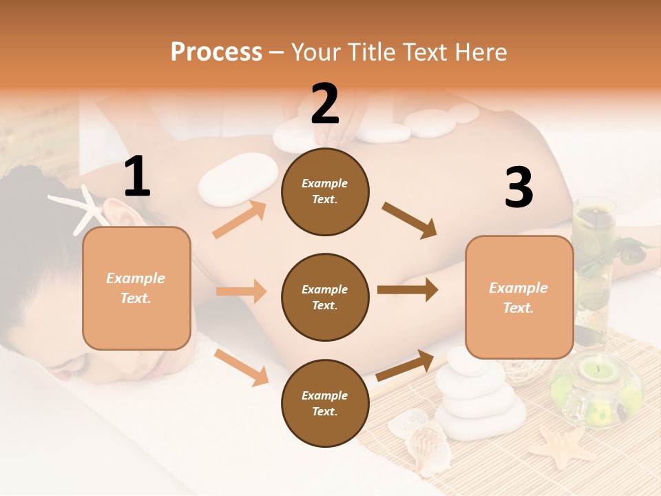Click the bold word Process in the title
(x=216, y=52)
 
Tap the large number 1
(x=137, y=177)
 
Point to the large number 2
(x=325, y=104)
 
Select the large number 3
(x=518, y=188)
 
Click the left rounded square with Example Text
(x=136, y=288)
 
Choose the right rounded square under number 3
(x=519, y=298)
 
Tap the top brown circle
(x=325, y=192)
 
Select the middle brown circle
(x=325, y=298)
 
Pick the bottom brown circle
(x=325, y=404)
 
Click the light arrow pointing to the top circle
(x=240, y=220)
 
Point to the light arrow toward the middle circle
(x=241, y=291)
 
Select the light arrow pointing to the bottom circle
(x=242, y=367)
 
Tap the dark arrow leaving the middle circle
(x=408, y=290)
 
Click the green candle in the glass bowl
(x=596, y=372)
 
